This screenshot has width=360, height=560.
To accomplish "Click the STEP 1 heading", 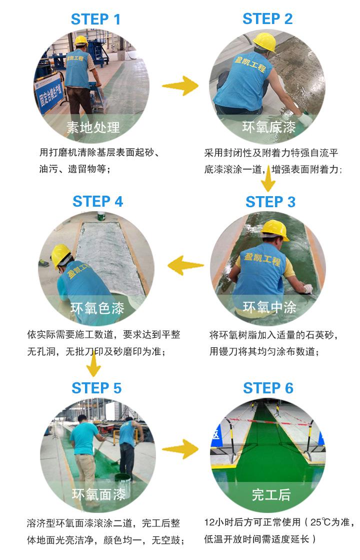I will [95, 20].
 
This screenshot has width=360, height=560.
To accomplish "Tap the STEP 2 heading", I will [267, 19].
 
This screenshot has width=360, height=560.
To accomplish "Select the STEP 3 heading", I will [270, 202].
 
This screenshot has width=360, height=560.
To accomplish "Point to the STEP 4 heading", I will [97, 201].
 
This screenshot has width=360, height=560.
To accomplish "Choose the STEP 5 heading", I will [96, 388].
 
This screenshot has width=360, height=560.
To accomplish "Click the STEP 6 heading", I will [268, 388].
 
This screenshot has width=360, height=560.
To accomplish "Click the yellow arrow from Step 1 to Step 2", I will [180, 86].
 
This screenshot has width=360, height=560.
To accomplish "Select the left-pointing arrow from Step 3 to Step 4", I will [185, 265].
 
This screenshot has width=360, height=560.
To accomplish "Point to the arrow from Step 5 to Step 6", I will [180, 448].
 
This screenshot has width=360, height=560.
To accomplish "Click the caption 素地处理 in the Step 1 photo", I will [93, 127].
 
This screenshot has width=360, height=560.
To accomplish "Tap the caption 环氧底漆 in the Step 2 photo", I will [269, 127].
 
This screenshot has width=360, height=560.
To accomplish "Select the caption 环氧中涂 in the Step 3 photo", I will [269, 307].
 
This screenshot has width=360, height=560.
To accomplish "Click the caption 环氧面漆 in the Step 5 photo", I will [98, 494].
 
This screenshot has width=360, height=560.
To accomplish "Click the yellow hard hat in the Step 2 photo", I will [264, 42].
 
